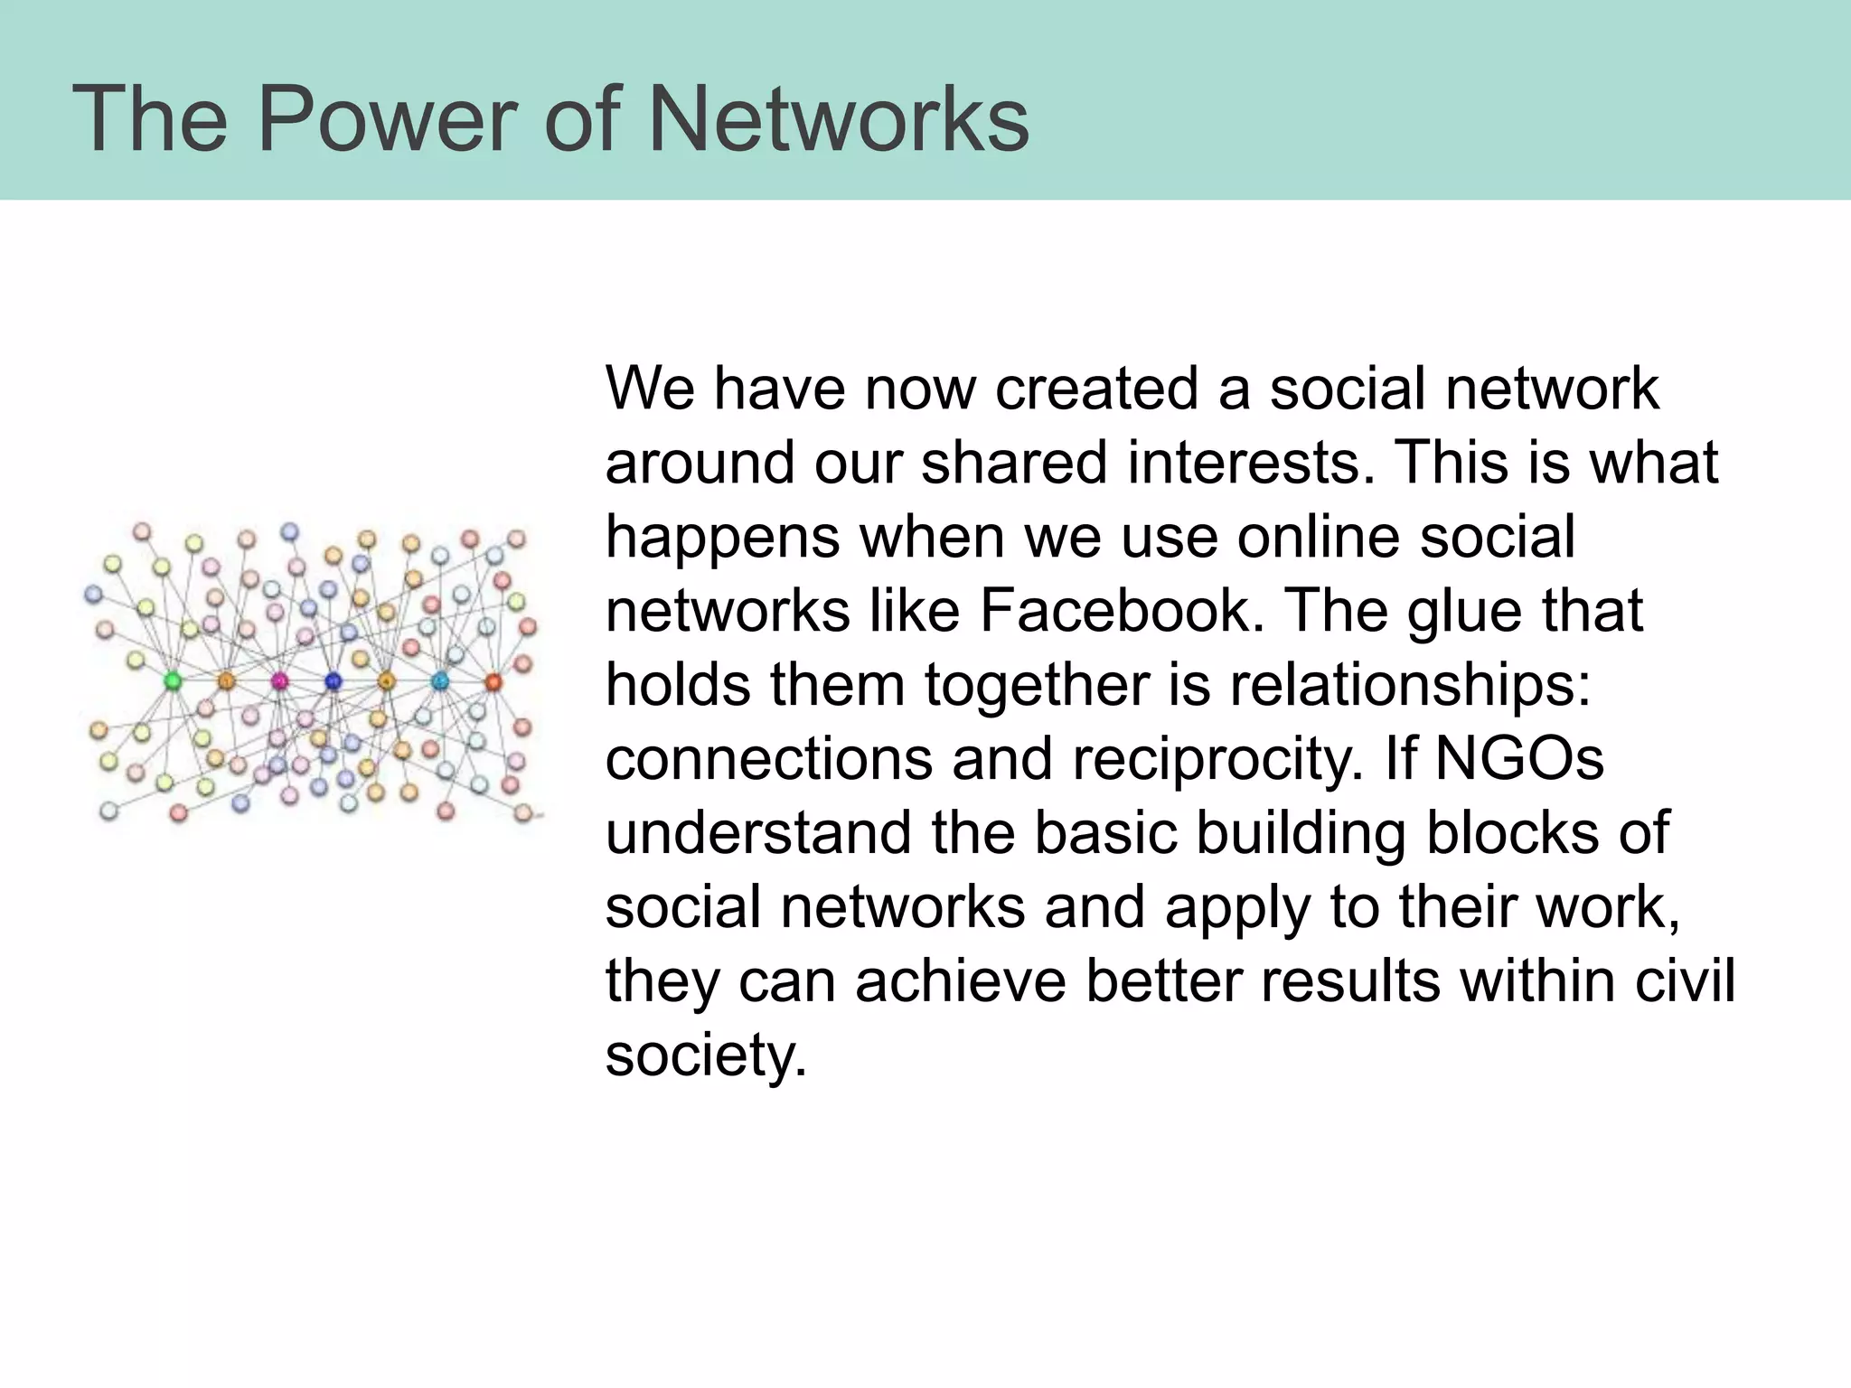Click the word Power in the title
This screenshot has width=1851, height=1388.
[x=388, y=118]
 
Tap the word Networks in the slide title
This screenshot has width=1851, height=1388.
[x=838, y=118]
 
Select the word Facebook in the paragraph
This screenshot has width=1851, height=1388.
[x=1120, y=611]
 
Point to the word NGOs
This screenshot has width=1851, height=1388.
[x=1519, y=759]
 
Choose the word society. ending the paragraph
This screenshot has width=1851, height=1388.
[x=705, y=1055]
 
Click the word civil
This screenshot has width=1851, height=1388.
[x=1684, y=980]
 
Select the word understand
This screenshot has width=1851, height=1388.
[x=757, y=832]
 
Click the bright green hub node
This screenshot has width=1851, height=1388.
[x=172, y=680]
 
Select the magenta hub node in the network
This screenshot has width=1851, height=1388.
[x=279, y=680]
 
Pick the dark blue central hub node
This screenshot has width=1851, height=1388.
[x=333, y=680]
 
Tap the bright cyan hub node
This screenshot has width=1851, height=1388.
[x=440, y=680]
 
